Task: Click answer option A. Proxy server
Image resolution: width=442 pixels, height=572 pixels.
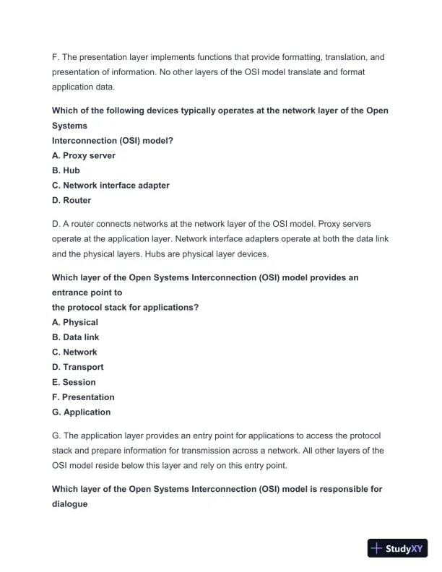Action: pos(83,155)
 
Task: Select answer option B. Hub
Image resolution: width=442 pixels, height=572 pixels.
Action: pos(66,170)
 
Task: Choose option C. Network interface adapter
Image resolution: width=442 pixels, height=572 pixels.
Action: pos(110,186)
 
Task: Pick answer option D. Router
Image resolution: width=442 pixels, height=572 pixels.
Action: pos(71,200)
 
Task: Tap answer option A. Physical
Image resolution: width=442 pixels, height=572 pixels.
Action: pos(75,322)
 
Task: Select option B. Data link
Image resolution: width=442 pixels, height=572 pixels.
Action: pos(76,337)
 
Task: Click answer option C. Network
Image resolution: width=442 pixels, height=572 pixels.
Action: pos(74,352)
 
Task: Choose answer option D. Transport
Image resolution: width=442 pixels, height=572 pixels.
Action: pos(78,367)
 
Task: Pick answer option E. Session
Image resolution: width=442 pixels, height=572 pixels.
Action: pos(74,382)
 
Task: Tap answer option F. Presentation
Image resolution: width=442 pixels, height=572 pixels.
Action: pos(83,397)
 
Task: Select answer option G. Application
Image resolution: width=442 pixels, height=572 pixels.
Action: pos(82,412)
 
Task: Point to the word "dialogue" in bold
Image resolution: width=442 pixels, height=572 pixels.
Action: pos(70,504)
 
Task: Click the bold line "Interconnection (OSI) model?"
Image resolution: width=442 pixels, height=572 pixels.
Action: pos(113,141)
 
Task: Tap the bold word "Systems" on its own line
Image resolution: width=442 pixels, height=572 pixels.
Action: pos(69,126)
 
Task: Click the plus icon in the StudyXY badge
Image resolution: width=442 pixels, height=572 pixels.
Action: pos(377,548)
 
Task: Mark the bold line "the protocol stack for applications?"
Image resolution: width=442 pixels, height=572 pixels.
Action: pos(125,307)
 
